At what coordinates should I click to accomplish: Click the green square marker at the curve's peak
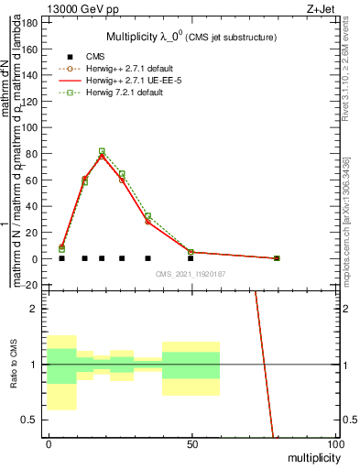point(102,151)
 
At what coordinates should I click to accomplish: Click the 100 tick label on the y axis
point(33,127)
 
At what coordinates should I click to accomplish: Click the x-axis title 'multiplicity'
point(309,457)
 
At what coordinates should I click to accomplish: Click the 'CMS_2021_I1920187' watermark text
point(191,274)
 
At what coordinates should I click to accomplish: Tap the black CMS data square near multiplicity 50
point(191,258)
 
